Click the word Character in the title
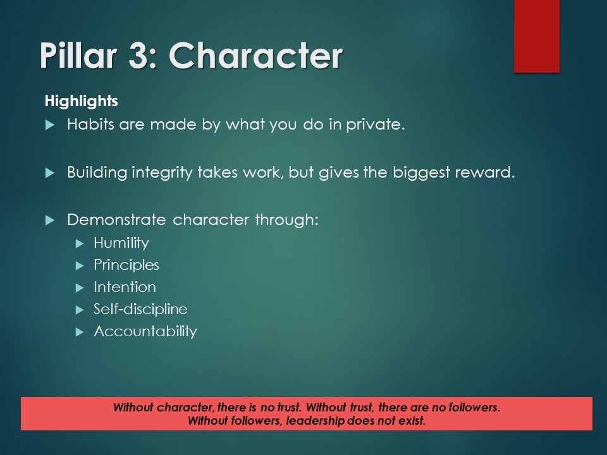pos(255,56)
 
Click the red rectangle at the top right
pos(536,36)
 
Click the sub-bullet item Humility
pos(121,243)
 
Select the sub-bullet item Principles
pos(126,265)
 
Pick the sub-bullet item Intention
pos(125,287)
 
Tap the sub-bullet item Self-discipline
pos(140,309)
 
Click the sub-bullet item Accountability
pos(145,331)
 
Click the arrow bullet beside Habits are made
pos(51,125)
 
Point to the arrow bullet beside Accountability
pos(79,332)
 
